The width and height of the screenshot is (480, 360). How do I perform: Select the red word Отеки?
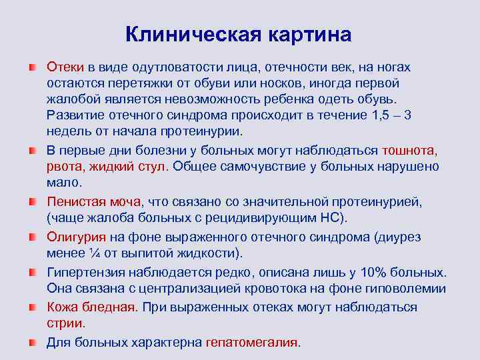[65, 67]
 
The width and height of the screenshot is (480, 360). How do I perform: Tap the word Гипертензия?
[88, 273]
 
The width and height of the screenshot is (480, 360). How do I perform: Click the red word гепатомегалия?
[252, 343]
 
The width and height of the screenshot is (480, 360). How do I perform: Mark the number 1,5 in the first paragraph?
[379, 115]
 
